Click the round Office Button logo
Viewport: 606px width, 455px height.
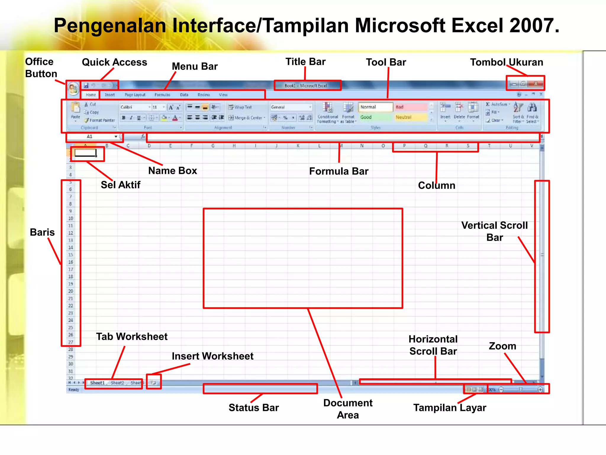tap(73, 89)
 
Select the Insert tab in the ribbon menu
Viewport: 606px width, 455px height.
tap(110, 95)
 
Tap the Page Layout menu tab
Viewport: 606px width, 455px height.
tap(135, 95)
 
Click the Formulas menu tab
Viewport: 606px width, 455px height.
tap(162, 95)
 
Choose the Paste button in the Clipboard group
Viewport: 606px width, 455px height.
tap(75, 111)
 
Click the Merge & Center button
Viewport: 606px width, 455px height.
tap(247, 118)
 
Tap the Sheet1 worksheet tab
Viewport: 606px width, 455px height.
tap(97, 383)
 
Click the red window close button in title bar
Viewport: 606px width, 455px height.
tap(536, 84)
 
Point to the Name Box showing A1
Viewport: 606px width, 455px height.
tap(92, 137)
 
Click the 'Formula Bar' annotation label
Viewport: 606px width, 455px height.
tap(339, 171)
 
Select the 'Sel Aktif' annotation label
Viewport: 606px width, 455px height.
tap(120, 185)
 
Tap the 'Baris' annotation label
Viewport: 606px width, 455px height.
tap(42, 232)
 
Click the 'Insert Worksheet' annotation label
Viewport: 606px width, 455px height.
tap(212, 356)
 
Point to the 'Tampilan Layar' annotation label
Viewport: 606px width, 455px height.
tap(449, 408)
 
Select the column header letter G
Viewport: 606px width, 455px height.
tap(213, 146)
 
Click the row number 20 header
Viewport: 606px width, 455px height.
tap(70, 291)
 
